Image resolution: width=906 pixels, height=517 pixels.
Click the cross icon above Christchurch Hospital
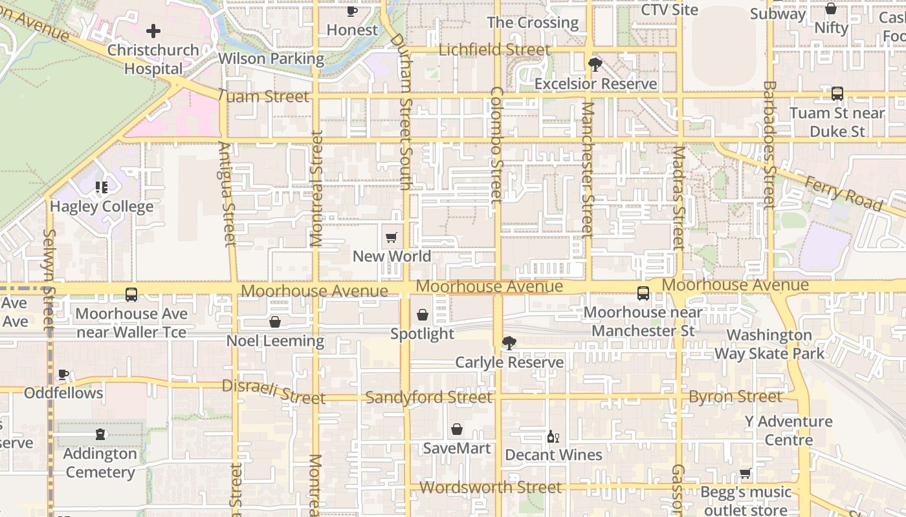(x=153, y=30)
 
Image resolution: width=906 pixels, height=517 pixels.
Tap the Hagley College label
(x=102, y=207)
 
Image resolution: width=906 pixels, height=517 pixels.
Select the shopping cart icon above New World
(x=391, y=238)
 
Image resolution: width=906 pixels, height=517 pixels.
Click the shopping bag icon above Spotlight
(x=423, y=315)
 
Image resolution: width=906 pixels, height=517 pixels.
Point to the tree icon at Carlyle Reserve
(x=509, y=343)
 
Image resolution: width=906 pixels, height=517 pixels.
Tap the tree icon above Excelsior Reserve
(x=595, y=65)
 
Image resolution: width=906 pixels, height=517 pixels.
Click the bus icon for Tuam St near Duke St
(x=837, y=94)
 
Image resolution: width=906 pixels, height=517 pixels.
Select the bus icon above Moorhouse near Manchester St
(x=643, y=293)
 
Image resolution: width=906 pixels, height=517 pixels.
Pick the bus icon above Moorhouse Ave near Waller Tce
(x=131, y=295)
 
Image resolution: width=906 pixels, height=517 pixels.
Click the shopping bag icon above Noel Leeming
(x=275, y=322)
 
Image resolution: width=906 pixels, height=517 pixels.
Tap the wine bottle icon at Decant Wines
(x=553, y=437)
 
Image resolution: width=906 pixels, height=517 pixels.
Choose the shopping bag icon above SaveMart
(x=457, y=429)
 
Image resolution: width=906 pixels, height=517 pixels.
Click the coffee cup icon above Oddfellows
(x=63, y=374)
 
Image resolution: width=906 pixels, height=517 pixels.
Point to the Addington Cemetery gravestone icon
(x=100, y=434)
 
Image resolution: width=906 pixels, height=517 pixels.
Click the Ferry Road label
(x=843, y=193)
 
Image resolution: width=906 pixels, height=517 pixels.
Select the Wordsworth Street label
(x=491, y=487)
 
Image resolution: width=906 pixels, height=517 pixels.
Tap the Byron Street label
(x=735, y=396)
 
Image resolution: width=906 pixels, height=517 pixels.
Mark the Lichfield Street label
(x=494, y=50)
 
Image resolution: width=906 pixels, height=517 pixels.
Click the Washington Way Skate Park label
(x=769, y=344)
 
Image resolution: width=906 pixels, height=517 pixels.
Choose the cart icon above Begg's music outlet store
(x=746, y=474)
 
